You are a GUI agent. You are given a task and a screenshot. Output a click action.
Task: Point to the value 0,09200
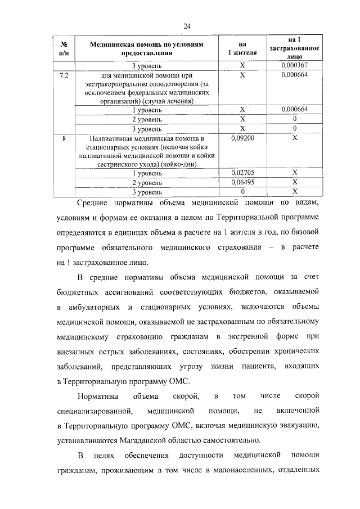pos(242,138)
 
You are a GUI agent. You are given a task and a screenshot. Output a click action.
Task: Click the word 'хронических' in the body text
pos(298,351)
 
